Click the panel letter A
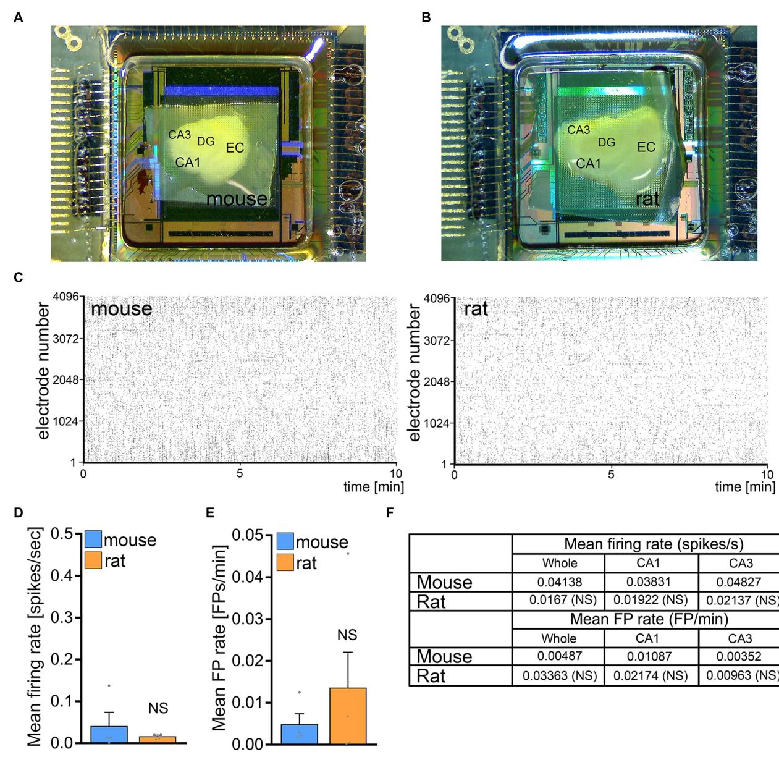click(x=19, y=17)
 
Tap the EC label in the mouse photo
click(x=235, y=148)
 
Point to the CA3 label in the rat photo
click(x=579, y=130)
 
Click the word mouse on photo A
click(x=237, y=198)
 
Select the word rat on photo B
click(x=647, y=198)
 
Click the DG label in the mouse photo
click(x=206, y=142)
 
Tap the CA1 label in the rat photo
click(x=588, y=164)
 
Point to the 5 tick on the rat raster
click(x=610, y=474)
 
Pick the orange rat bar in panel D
click(x=158, y=739)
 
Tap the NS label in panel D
click(x=158, y=708)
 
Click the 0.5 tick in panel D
click(x=61, y=533)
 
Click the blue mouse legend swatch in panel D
click(x=93, y=539)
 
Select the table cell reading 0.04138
click(x=559, y=581)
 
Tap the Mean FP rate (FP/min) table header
click(x=649, y=619)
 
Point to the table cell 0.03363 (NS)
click(x=559, y=675)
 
